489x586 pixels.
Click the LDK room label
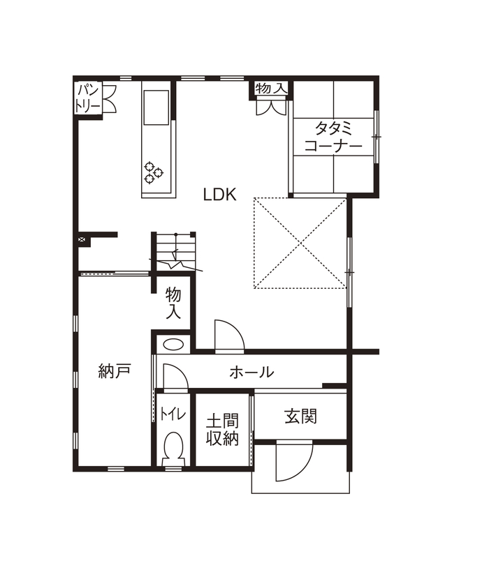219,195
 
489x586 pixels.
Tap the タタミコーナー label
333,137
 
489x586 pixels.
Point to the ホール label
251,373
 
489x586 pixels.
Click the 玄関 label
300,416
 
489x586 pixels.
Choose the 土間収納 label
222,430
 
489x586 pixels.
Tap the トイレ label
173,414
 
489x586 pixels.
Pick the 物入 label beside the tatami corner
270,89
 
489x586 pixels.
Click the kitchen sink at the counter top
156,106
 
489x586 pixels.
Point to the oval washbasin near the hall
173,344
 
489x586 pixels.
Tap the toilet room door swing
173,377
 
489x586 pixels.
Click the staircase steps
174,252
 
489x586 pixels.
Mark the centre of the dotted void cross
300,243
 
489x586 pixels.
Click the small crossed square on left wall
82,241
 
